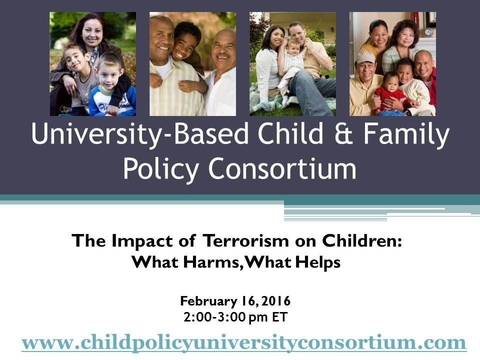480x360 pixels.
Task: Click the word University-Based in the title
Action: tap(139, 134)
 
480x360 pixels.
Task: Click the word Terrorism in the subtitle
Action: tap(246, 240)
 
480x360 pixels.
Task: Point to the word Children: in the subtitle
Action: tap(362, 240)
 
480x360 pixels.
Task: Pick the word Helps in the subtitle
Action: tap(318, 262)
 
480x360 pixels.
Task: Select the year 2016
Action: tap(276, 301)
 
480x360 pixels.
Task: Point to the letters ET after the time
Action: tap(280, 317)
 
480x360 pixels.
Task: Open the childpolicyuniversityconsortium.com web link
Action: tap(243, 342)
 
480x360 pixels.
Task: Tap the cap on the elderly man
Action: tap(365, 57)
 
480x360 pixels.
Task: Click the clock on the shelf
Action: tap(428, 32)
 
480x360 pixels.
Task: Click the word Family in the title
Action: tap(406, 134)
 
